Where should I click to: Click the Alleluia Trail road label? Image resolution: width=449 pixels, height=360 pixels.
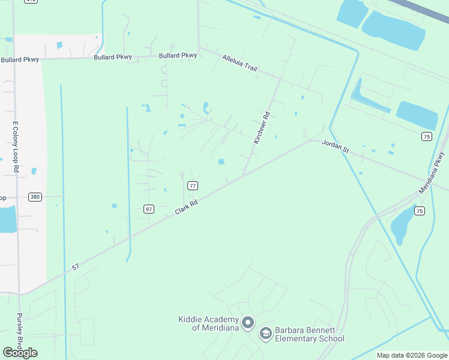[x=240, y=63]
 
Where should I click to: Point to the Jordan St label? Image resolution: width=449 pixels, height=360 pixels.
[x=336, y=146]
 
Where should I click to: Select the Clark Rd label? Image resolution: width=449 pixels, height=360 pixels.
[x=187, y=208]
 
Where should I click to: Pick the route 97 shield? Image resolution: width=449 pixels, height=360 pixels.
[x=149, y=209]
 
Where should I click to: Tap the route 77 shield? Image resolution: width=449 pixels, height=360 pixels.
[x=193, y=186]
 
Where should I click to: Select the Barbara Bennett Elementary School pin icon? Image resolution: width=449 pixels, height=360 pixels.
[x=265, y=334]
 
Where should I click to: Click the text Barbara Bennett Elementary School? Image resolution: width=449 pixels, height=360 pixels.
[x=310, y=335]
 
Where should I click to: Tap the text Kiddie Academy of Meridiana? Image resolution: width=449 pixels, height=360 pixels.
[x=208, y=323]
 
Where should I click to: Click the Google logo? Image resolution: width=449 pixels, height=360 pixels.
[x=20, y=353]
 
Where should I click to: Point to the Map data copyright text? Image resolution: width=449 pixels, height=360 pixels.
[x=412, y=355]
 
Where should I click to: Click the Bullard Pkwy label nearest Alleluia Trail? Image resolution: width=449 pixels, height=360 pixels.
[x=178, y=56]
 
